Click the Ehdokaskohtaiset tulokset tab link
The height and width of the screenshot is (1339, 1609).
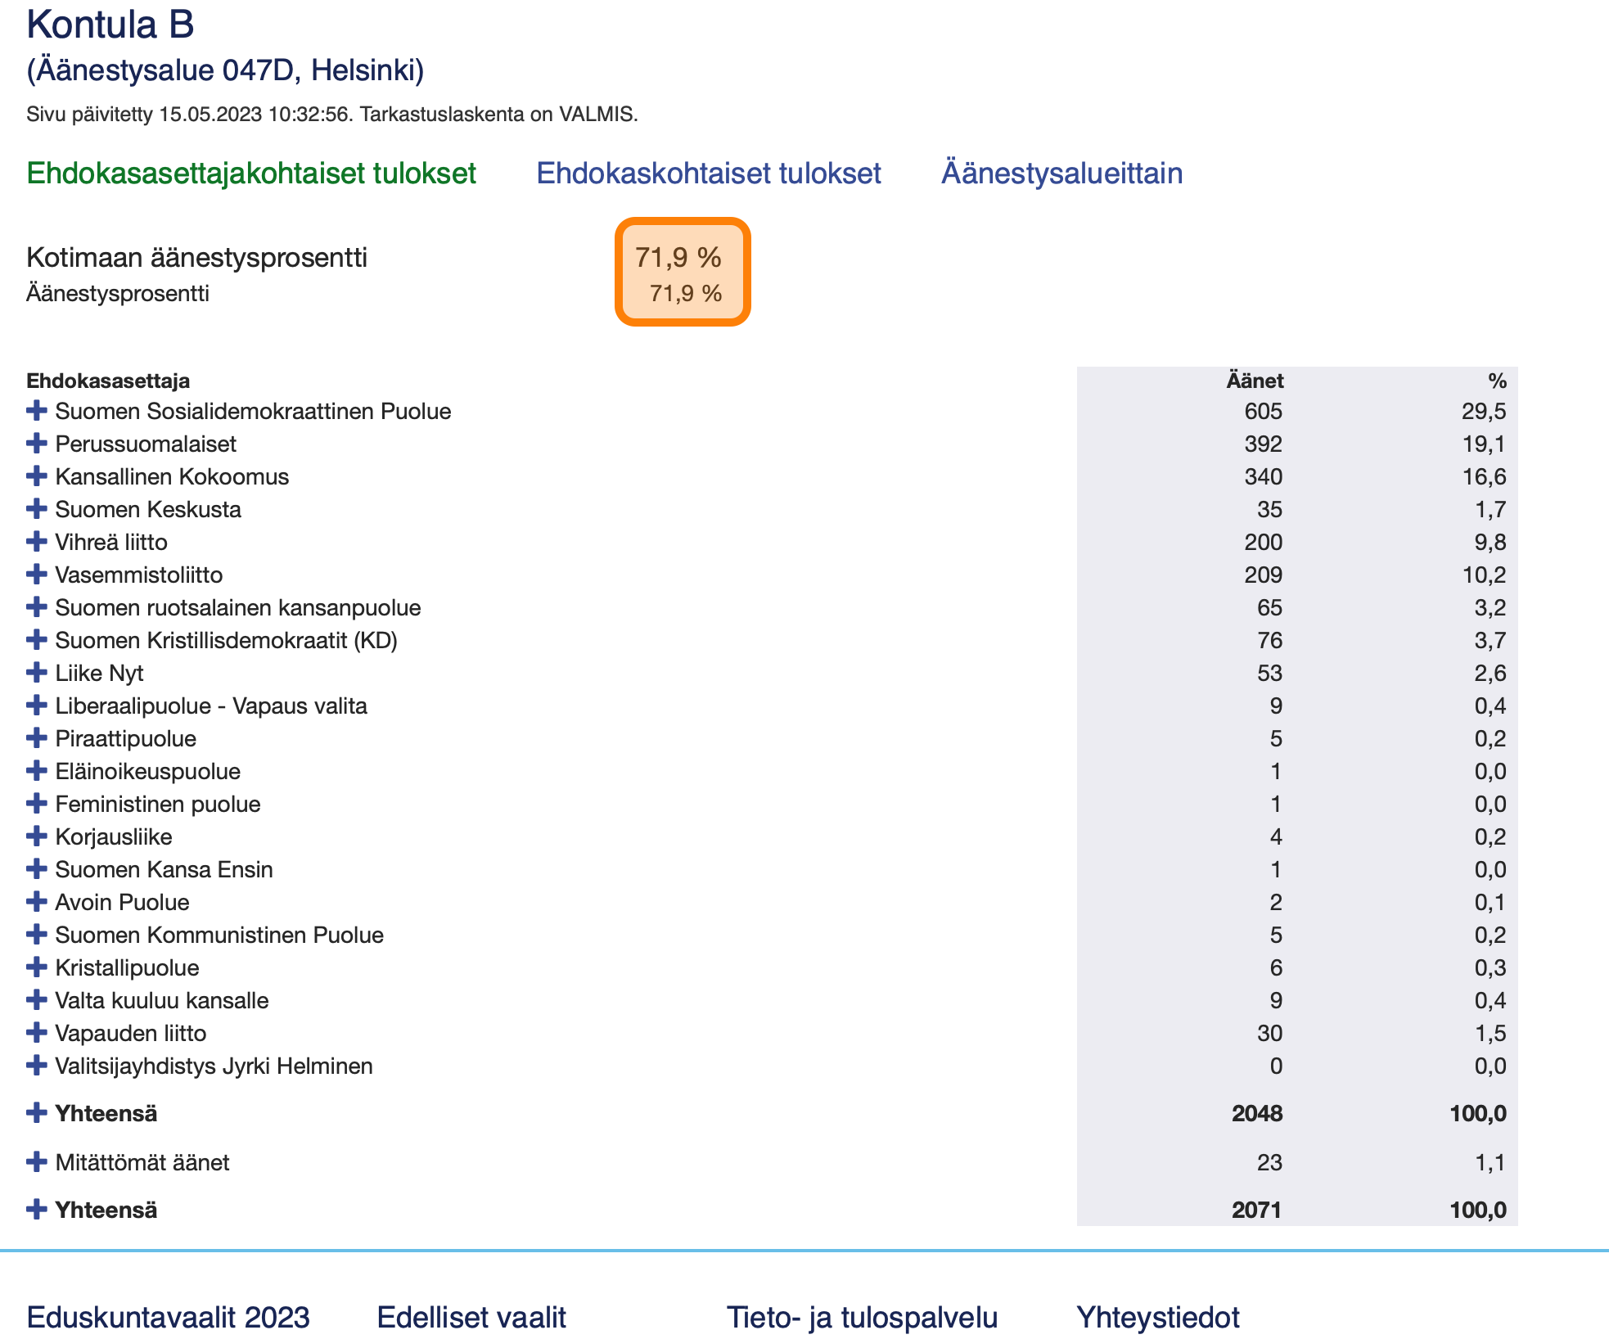tap(709, 174)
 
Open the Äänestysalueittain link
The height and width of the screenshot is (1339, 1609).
tap(1062, 174)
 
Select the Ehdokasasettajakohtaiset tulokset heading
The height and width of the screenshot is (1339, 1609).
tap(251, 174)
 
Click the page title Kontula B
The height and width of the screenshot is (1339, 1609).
tap(110, 25)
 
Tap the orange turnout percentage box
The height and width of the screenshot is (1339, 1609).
tap(683, 272)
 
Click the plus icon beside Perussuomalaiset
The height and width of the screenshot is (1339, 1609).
tap(37, 443)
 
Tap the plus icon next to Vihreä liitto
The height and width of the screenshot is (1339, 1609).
tap(37, 541)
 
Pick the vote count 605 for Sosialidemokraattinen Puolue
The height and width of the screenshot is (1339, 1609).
tap(1264, 411)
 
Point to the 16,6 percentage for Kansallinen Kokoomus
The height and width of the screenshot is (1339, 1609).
tap(1484, 476)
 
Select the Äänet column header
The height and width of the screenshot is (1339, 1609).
tap(1255, 381)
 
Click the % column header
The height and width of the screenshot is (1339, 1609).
tap(1497, 381)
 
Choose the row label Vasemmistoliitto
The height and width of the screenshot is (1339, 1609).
tap(139, 575)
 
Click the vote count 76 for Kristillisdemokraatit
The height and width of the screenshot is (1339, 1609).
tap(1270, 640)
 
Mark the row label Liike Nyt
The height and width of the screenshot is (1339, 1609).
tap(99, 673)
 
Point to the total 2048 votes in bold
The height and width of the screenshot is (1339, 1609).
tap(1257, 1113)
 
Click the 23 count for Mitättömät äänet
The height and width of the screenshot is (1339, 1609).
tap(1270, 1162)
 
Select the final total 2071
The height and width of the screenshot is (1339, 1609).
tap(1257, 1210)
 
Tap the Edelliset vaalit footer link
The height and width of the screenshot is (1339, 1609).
tap(471, 1317)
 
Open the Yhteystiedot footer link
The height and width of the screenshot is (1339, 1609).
tap(1158, 1317)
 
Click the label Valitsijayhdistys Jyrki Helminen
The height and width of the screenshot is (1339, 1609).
tap(214, 1066)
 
